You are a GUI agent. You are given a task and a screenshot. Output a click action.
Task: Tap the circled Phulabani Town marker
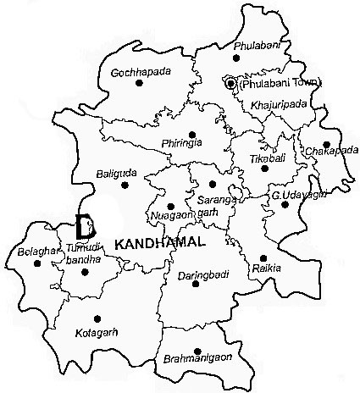[x=229, y=83]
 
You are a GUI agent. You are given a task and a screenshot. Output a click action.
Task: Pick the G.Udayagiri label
[x=293, y=196]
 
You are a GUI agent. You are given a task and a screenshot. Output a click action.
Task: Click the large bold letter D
[x=84, y=226]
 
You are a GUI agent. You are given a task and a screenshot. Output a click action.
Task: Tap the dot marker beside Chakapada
[x=326, y=144]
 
